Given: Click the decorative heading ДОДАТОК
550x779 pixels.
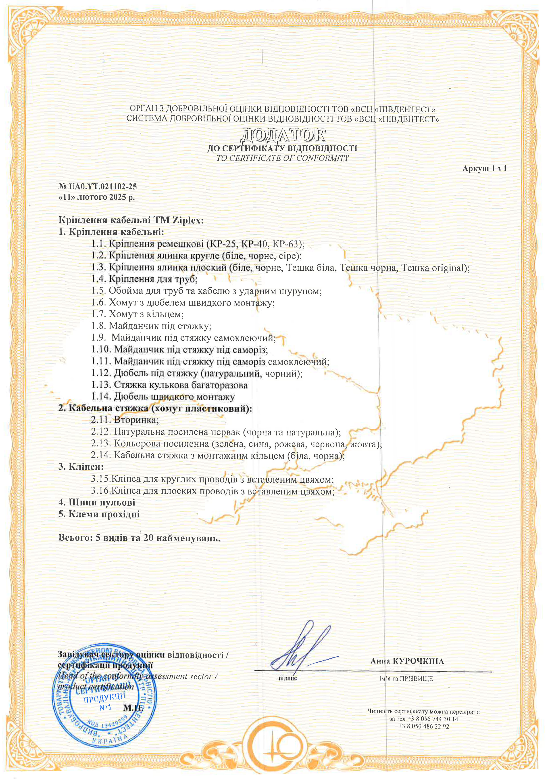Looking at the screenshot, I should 282,135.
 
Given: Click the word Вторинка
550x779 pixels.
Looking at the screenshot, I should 136,420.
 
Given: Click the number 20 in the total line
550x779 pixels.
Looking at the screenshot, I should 148,538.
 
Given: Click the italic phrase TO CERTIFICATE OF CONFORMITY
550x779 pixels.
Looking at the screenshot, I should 282,158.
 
